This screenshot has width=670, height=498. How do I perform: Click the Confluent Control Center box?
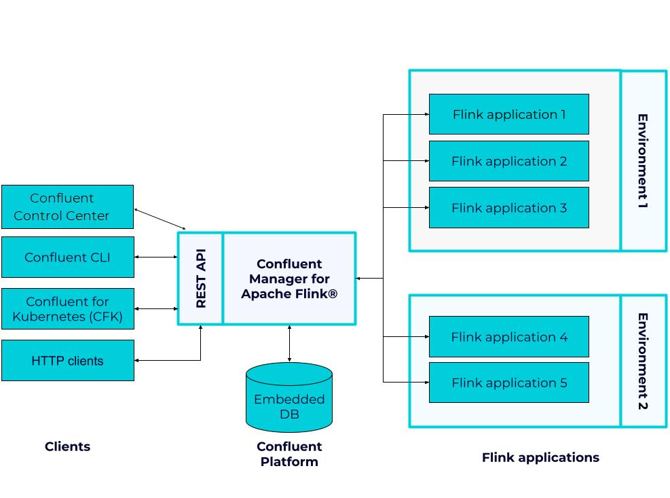[67, 207]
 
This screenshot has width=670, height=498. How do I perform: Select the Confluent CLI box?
[67, 257]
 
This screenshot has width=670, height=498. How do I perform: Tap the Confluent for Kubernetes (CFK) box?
[67, 309]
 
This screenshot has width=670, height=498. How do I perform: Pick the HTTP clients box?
[67, 361]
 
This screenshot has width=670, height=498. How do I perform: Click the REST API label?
[201, 279]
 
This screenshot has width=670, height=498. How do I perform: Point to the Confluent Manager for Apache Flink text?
[289, 279]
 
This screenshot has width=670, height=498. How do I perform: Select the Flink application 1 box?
[508, 114]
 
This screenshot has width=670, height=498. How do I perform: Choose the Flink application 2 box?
[508, 161]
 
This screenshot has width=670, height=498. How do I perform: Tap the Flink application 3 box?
[508, 208]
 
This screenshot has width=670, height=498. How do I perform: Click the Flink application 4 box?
[508, 337]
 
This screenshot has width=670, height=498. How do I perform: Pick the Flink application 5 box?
[508, 383]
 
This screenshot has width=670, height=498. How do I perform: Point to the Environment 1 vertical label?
[642, 161]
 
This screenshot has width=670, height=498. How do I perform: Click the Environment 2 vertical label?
[642, 361]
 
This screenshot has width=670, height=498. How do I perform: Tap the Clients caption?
[67, 446]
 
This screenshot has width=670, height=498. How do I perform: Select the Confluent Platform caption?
[289, 454]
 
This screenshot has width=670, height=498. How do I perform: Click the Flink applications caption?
[540, 457]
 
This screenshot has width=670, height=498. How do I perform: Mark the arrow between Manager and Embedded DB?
[290, 344]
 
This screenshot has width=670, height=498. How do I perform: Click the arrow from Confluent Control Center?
[160, 219]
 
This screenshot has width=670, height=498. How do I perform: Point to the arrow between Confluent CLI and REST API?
[156, 257]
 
